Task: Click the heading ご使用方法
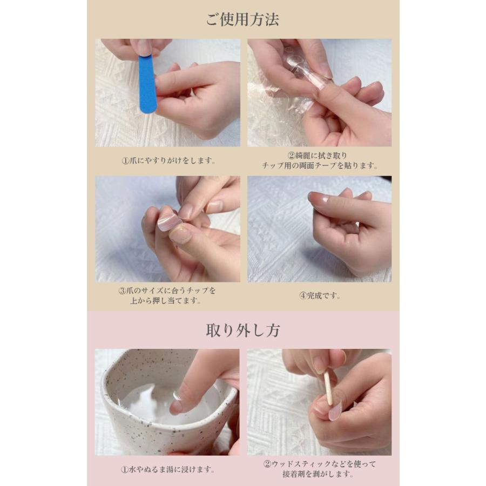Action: click(x=242, y=19)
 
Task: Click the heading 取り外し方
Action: click(x=243, y=330)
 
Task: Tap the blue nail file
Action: click(x=147, y=84)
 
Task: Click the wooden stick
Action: click(x=328, y=389)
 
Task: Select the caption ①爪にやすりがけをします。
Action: click(x=168, y=160)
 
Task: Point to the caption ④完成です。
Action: click(x=320, y=295)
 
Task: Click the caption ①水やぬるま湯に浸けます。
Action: click(x=168, y=469)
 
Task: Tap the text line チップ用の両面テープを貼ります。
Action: click(x=320, y=166)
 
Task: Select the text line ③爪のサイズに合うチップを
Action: click(x=167, y=291)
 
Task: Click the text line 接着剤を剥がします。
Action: click(x=318, y=474)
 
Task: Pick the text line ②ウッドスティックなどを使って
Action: click(x=320, y=464)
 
